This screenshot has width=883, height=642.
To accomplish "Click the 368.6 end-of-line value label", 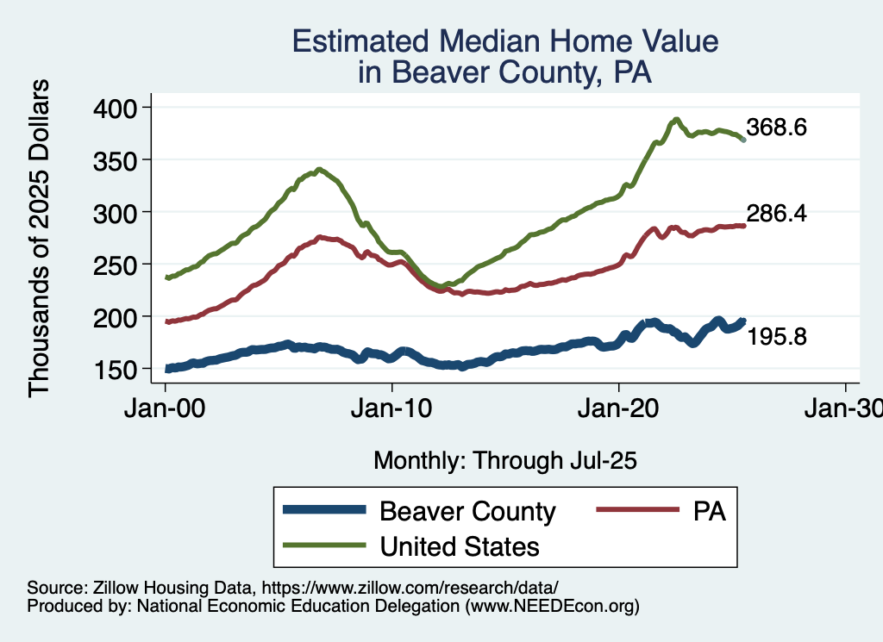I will tap(776, 128).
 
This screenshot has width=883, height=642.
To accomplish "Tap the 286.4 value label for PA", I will tap(776, 214).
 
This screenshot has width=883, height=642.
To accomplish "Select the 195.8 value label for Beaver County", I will tap(776, 337).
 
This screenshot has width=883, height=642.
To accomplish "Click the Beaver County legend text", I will tap(467, 511).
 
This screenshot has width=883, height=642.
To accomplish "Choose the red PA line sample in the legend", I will tap(635, 511).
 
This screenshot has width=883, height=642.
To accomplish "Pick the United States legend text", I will tap(460, 545).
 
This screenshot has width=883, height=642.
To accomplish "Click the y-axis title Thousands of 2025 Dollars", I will tap(40, 237).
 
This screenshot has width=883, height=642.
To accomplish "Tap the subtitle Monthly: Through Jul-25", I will tap(504, 461).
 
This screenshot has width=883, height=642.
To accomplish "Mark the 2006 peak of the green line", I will tap(320, 170).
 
